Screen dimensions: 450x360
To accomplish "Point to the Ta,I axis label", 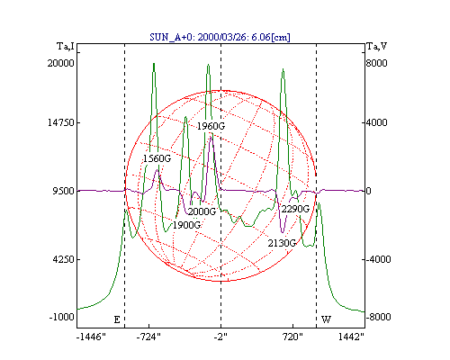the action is coord(65,47).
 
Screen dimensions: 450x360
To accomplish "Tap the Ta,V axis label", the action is coord(376,47).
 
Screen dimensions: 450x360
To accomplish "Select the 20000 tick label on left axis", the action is coord(60,63).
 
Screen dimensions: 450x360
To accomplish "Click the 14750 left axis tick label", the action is coord(61,122).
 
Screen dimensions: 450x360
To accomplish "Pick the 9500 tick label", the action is coord(64,191).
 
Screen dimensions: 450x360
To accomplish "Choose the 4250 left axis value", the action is coord(63,259).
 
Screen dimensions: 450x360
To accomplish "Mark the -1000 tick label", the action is coord(61,317).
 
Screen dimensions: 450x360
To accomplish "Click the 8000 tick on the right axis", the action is coord(377,63).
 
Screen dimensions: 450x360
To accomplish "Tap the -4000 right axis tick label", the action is coord(379,259).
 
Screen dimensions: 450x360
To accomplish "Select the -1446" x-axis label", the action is coord(91,337).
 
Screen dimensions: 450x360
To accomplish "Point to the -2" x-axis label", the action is coord(220,337).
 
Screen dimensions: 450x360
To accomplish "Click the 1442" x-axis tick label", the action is coord(351,337).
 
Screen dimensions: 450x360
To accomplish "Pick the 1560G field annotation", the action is coord(157,158).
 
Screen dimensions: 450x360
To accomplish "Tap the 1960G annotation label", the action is coord(211,126).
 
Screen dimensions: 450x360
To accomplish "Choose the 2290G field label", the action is coord(295,209).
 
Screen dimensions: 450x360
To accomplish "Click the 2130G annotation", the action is coord(282,243).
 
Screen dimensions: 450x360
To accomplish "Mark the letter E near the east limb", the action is coord(117,319).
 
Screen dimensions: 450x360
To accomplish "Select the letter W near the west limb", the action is coord(327,319).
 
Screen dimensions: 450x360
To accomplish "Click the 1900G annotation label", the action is coord(186,225).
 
